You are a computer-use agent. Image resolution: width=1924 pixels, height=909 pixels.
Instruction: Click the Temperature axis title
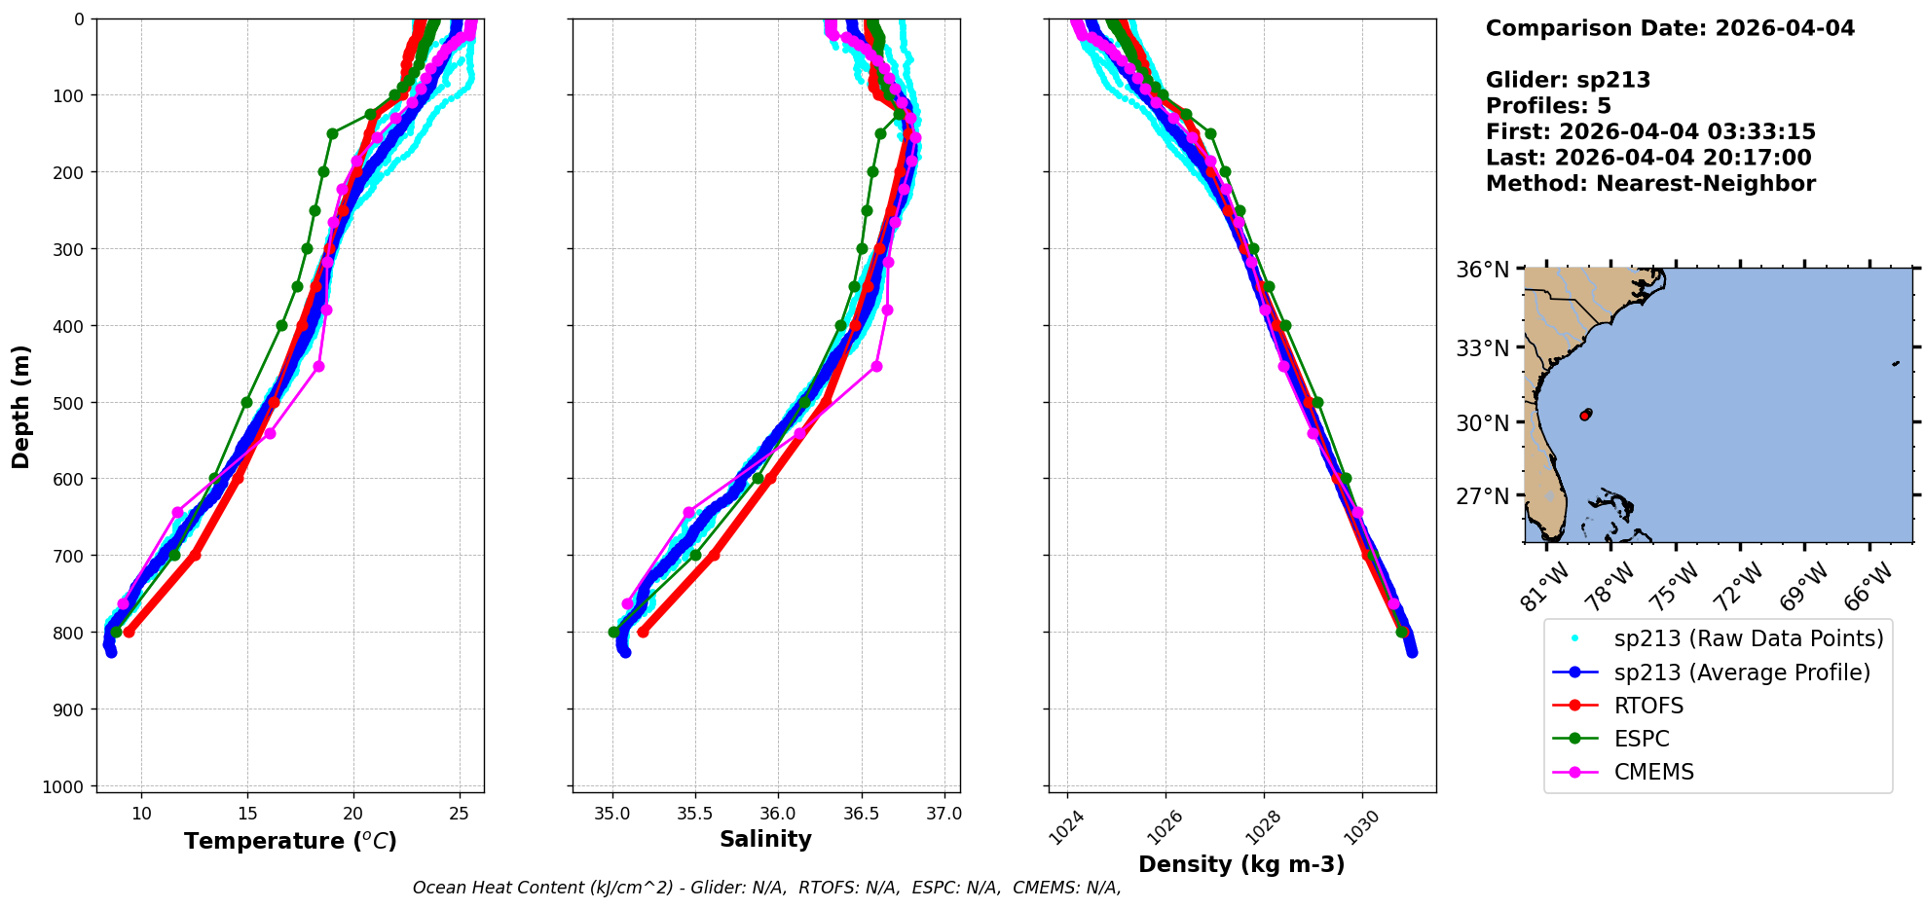(290, 841)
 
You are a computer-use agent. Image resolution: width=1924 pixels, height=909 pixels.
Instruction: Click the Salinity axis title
(765, 839)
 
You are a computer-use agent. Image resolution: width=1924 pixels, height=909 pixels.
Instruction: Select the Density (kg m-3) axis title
(1241, 864)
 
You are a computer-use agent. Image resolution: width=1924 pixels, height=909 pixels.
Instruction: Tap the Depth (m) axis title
(21, 406)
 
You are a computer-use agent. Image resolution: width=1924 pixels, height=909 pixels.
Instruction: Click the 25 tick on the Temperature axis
(460, 813)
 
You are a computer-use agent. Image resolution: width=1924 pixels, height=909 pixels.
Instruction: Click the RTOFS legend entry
(1648, 706)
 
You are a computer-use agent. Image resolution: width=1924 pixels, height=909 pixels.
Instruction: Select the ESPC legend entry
(1642, 739)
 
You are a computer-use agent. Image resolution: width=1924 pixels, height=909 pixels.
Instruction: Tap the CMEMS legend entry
(1653, 772)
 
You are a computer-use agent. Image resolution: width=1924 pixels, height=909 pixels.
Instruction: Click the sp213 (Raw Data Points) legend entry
(1748, 638)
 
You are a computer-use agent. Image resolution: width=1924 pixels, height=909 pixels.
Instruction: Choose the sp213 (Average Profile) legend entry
(1742, 673)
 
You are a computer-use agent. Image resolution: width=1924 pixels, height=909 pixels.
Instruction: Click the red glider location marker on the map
(1585, 416)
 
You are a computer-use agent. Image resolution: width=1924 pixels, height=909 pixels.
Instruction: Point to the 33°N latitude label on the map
(1482, 347)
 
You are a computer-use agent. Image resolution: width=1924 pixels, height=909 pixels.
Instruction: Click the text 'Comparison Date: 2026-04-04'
(1670, 28)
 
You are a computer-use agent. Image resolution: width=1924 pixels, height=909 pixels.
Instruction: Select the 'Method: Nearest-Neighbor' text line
(1650, 184)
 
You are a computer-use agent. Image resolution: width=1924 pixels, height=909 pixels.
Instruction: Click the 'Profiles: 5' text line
(1548, 106)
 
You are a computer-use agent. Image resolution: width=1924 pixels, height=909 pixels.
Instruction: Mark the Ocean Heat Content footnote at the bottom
(766, 888)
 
